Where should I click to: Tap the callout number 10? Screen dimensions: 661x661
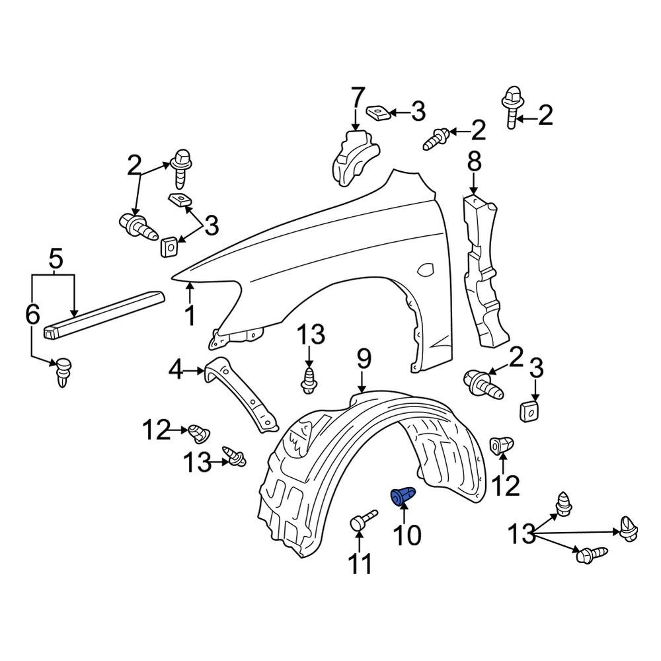(x=407, y=535)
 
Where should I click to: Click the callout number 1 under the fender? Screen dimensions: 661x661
(x=190, y=315)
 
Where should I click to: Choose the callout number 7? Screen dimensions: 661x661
(x=357, y=98)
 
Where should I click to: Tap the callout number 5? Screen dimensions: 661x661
(x=56, y=260)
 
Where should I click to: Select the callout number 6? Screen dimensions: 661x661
(x=32, y=315)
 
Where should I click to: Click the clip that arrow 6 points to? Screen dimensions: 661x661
(x=62, y=372)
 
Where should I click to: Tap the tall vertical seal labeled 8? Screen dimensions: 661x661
(x=483, y=271)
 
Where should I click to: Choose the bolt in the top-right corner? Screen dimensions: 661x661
(x=513, y=106)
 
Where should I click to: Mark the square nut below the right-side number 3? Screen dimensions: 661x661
(x=529, y=411)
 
